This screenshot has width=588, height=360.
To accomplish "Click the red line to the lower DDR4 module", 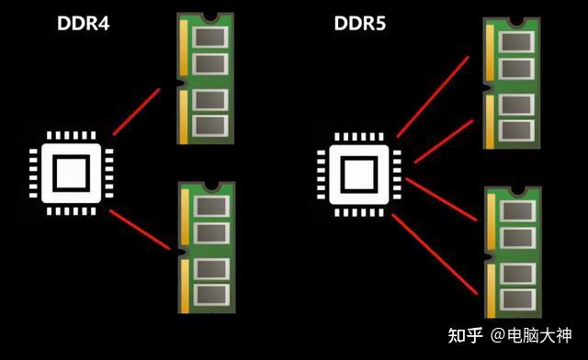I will pyautogui.click(x=141, y=231).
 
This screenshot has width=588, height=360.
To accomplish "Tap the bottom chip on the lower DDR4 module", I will pyautogui.click(x=212, y=295).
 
